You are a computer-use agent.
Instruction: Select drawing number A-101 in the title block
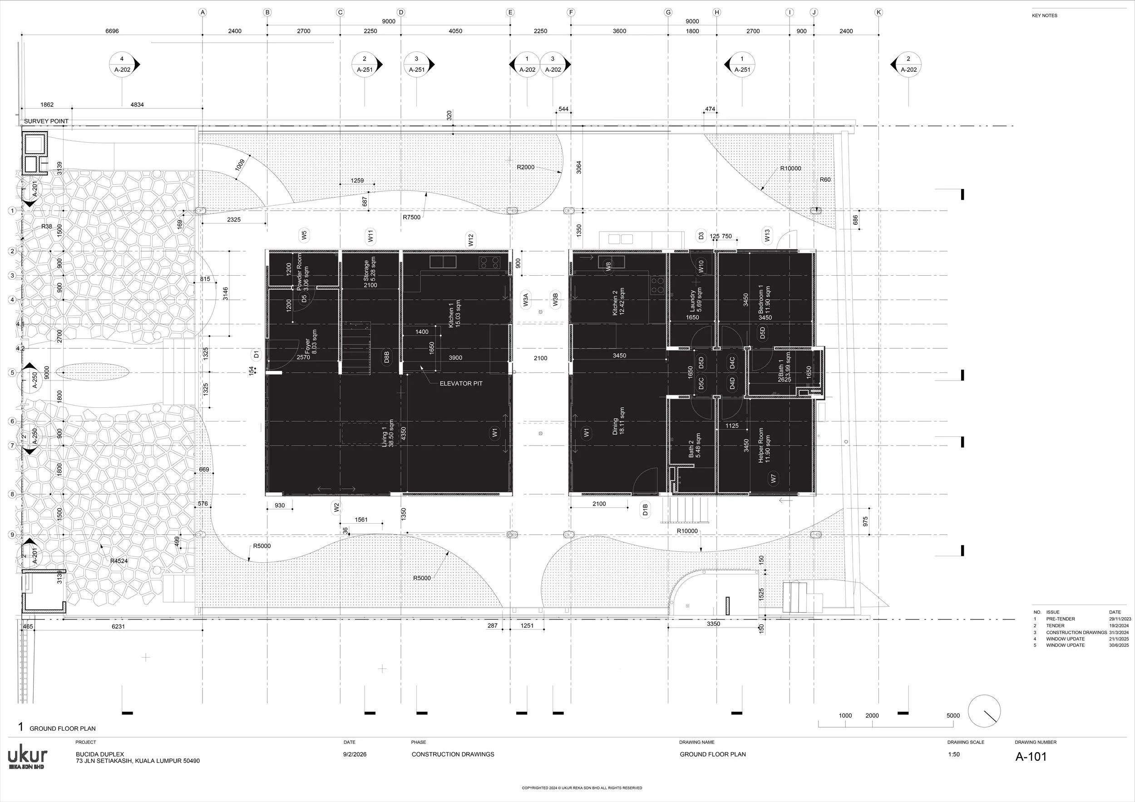point(1031,757)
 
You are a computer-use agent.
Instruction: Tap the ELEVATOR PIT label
point(461,383)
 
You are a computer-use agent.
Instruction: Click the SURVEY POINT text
point(46,121)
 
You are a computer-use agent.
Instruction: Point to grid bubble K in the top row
point(878,12)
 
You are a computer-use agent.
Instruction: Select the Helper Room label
point(764,445)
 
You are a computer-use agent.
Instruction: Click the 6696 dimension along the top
point(112,31)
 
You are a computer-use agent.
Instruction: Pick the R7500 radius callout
point(411,217)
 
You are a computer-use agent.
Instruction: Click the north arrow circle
point(984,711)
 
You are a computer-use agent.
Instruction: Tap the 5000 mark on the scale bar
point(953,715)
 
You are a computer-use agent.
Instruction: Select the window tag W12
point(471,240)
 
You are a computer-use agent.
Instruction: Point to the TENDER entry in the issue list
point(1056,625)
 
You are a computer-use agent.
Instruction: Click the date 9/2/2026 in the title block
point(355,754)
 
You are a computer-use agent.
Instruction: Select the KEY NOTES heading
point(1045,16)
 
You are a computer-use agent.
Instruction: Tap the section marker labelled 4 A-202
point(122,64)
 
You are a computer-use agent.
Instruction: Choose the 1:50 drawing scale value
point(953,754)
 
